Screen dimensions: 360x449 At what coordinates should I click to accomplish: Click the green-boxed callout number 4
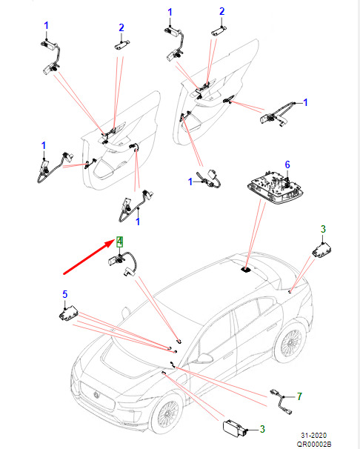(x=119, y=242)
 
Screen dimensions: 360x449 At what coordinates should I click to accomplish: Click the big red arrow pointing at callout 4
(x=89, y=257)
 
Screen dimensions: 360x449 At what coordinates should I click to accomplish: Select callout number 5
(x=65, y=294)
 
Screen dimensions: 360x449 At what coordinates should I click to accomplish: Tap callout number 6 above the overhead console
(x=287, y=164)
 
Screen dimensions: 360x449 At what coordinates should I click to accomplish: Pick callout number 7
(x=299, y=396)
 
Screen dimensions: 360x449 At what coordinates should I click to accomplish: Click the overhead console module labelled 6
(x=275, y=188)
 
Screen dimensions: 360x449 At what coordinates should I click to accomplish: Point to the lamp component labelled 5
(x=69, y=314)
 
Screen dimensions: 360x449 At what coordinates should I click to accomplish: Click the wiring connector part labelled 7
(x=281, y=402)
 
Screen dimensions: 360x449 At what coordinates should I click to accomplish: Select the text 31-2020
(x=314, y=435)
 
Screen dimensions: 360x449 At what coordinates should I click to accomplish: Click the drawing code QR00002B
(x=314, y=444)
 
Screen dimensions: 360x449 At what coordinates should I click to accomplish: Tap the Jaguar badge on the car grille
(x=96, y=395)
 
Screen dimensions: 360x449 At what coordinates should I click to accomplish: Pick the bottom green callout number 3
(x=262, y=429)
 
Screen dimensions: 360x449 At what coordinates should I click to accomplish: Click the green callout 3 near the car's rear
(x=323, y=229)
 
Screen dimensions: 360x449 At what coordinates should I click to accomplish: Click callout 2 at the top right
(x=221, y=11)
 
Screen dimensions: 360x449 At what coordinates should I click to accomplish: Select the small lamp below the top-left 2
(x=122, y=45)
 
